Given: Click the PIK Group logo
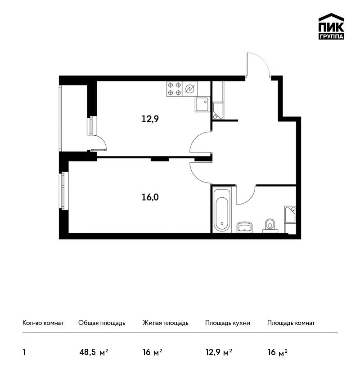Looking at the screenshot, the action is click(x=331, y=27).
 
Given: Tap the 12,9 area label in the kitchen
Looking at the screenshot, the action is click(x=150, y=119).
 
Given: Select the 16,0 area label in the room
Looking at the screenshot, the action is click(x=150, y=197).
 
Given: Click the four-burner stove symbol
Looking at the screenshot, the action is click(x=175, y=89).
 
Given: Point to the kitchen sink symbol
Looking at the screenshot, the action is click(x=202, y=105).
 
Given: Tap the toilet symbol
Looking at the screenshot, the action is click(x=270, y=226).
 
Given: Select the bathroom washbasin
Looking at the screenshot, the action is click(x=244, y=227).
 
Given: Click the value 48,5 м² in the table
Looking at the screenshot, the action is click(x=94, y=352).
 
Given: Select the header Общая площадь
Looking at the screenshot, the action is click(x=102, y=323).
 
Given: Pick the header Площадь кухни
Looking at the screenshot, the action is click(x=228, y=323).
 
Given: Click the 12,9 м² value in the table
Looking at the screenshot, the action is click(x=219, y=352).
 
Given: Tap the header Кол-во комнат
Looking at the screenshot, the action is click(x=43, y=323).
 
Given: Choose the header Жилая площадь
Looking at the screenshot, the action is click(x=166, y=323).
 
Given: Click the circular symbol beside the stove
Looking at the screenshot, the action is click(x=190, y=89).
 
